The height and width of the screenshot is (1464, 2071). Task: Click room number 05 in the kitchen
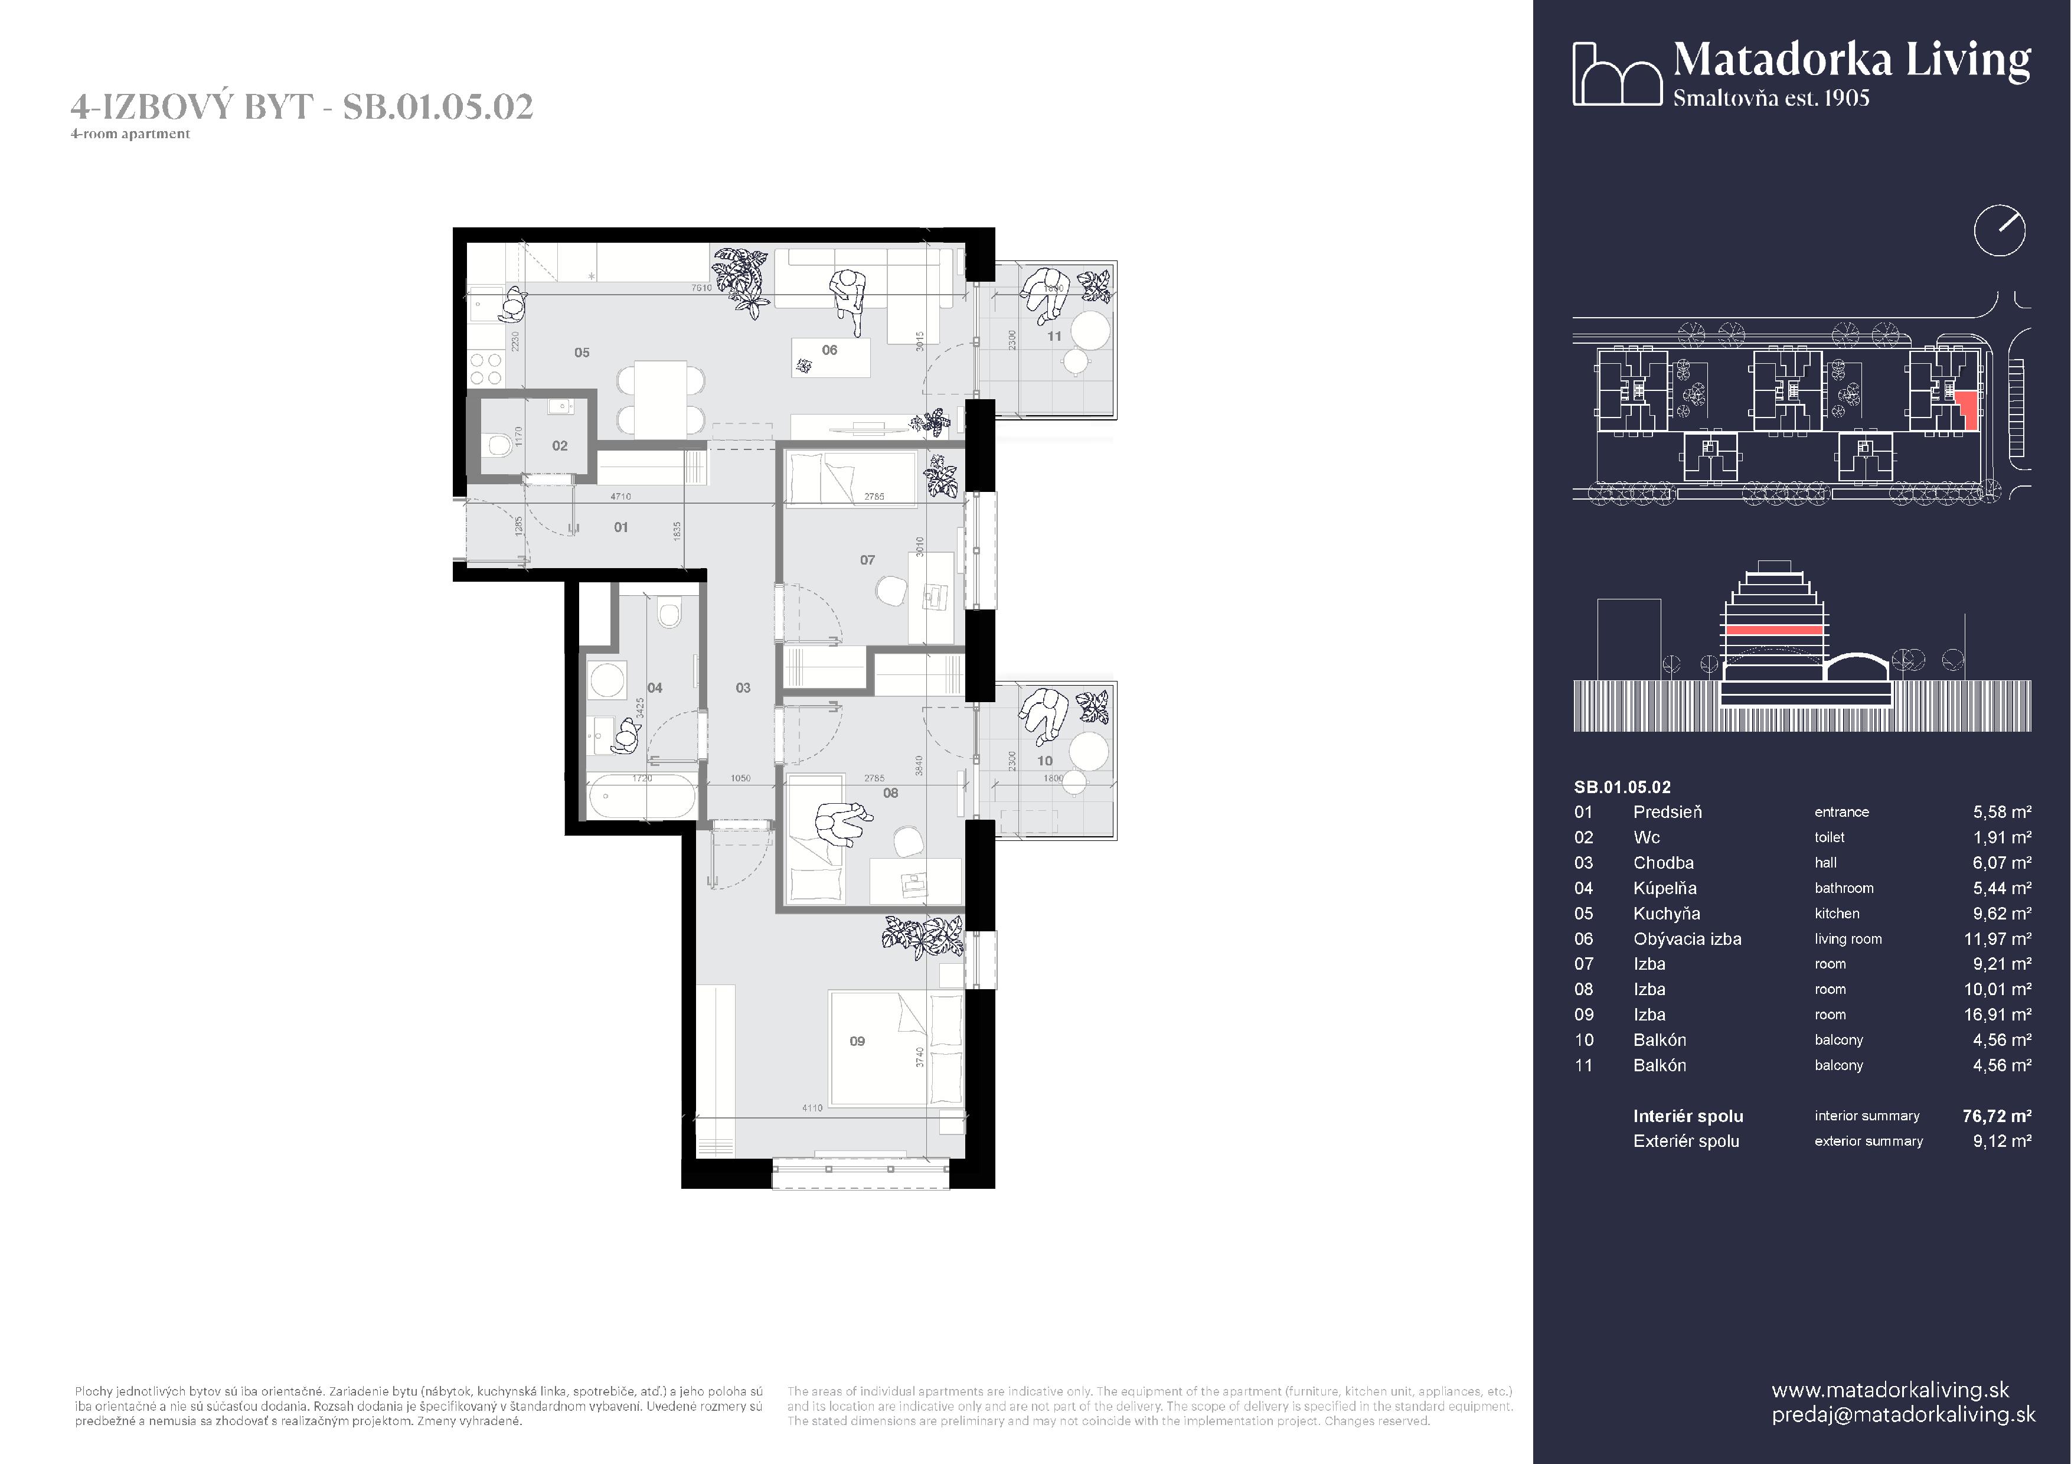(582, 353)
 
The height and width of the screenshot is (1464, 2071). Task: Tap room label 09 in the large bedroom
(857, 1041)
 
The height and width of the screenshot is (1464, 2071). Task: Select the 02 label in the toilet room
(559, 446)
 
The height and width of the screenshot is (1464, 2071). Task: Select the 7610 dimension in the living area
(701, 288)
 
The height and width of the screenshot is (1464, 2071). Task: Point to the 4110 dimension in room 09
(812, 1108)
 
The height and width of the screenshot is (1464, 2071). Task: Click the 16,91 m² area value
(1997, 1015)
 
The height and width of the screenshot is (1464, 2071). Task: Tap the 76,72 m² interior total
(1996, 1116)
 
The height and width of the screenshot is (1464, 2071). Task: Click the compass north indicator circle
(1999, 231)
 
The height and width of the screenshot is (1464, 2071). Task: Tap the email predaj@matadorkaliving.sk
(1903, 1414)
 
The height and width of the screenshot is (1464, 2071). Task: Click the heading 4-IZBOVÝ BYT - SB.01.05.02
(302, 106)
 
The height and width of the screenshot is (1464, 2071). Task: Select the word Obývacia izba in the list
(1687, 939)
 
